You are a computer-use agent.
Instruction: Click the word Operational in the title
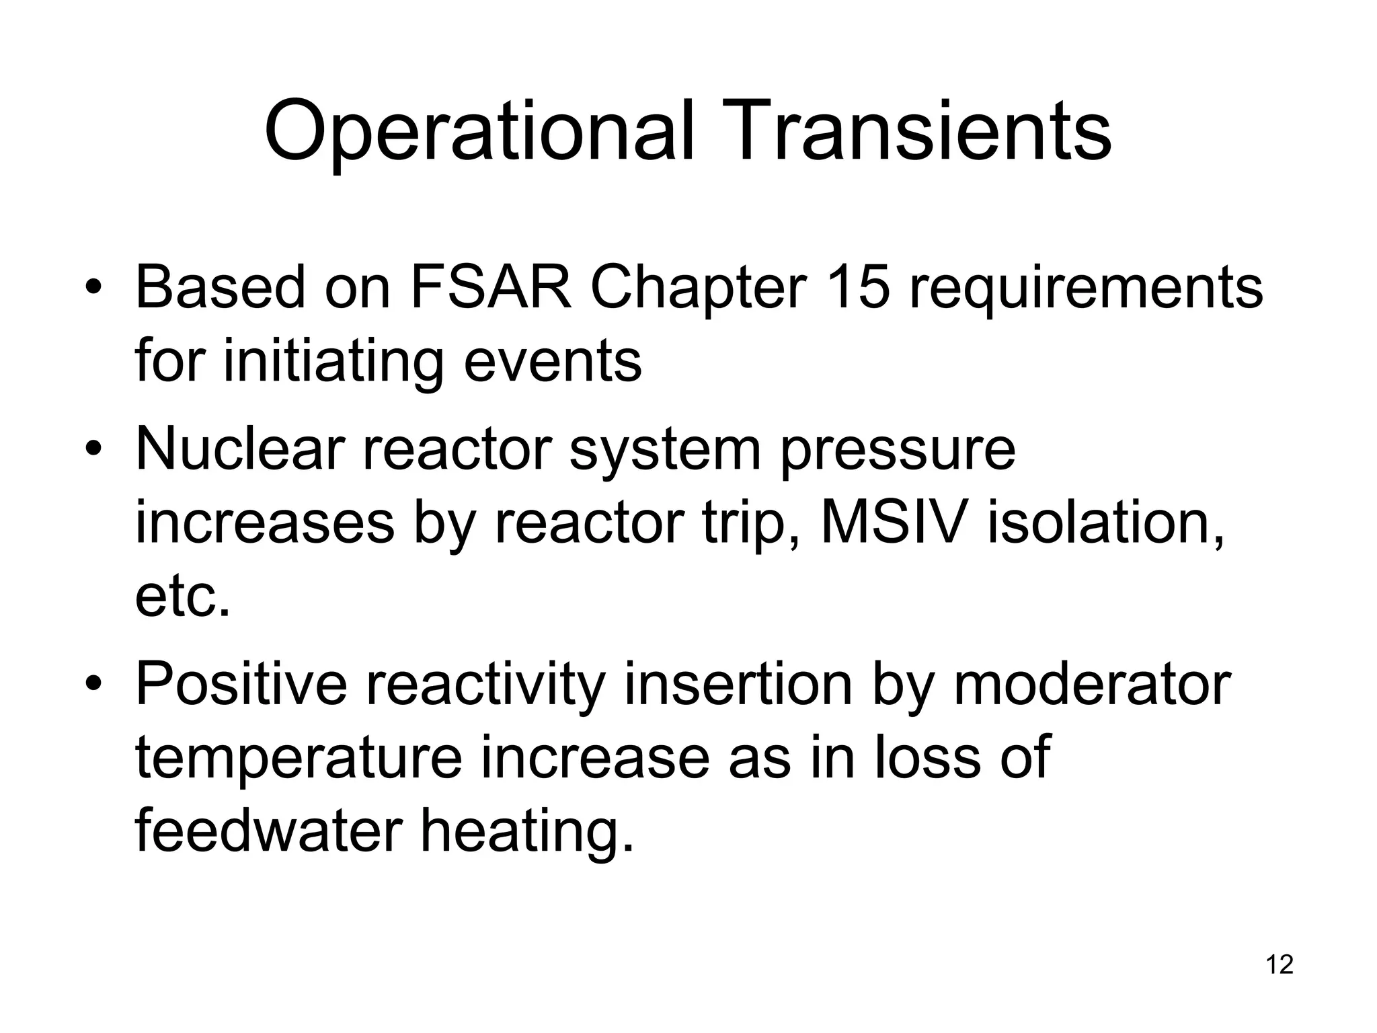478,132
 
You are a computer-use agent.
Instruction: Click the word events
553,362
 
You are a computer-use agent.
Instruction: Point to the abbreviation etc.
182,597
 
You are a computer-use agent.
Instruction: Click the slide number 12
1280,964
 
